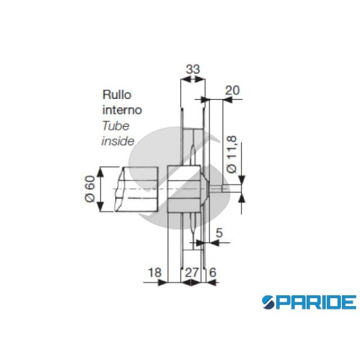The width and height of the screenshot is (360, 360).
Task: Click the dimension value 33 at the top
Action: tap(192, 70)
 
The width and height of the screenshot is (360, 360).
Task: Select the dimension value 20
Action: tap(232, 90)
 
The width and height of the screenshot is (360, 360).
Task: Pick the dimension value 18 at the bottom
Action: tap(154, 272)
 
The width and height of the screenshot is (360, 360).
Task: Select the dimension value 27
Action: tap(191, 272)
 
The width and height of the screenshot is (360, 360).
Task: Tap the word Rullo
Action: tap(116, 95)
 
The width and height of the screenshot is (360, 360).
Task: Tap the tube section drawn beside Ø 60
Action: tap(137, 190)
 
